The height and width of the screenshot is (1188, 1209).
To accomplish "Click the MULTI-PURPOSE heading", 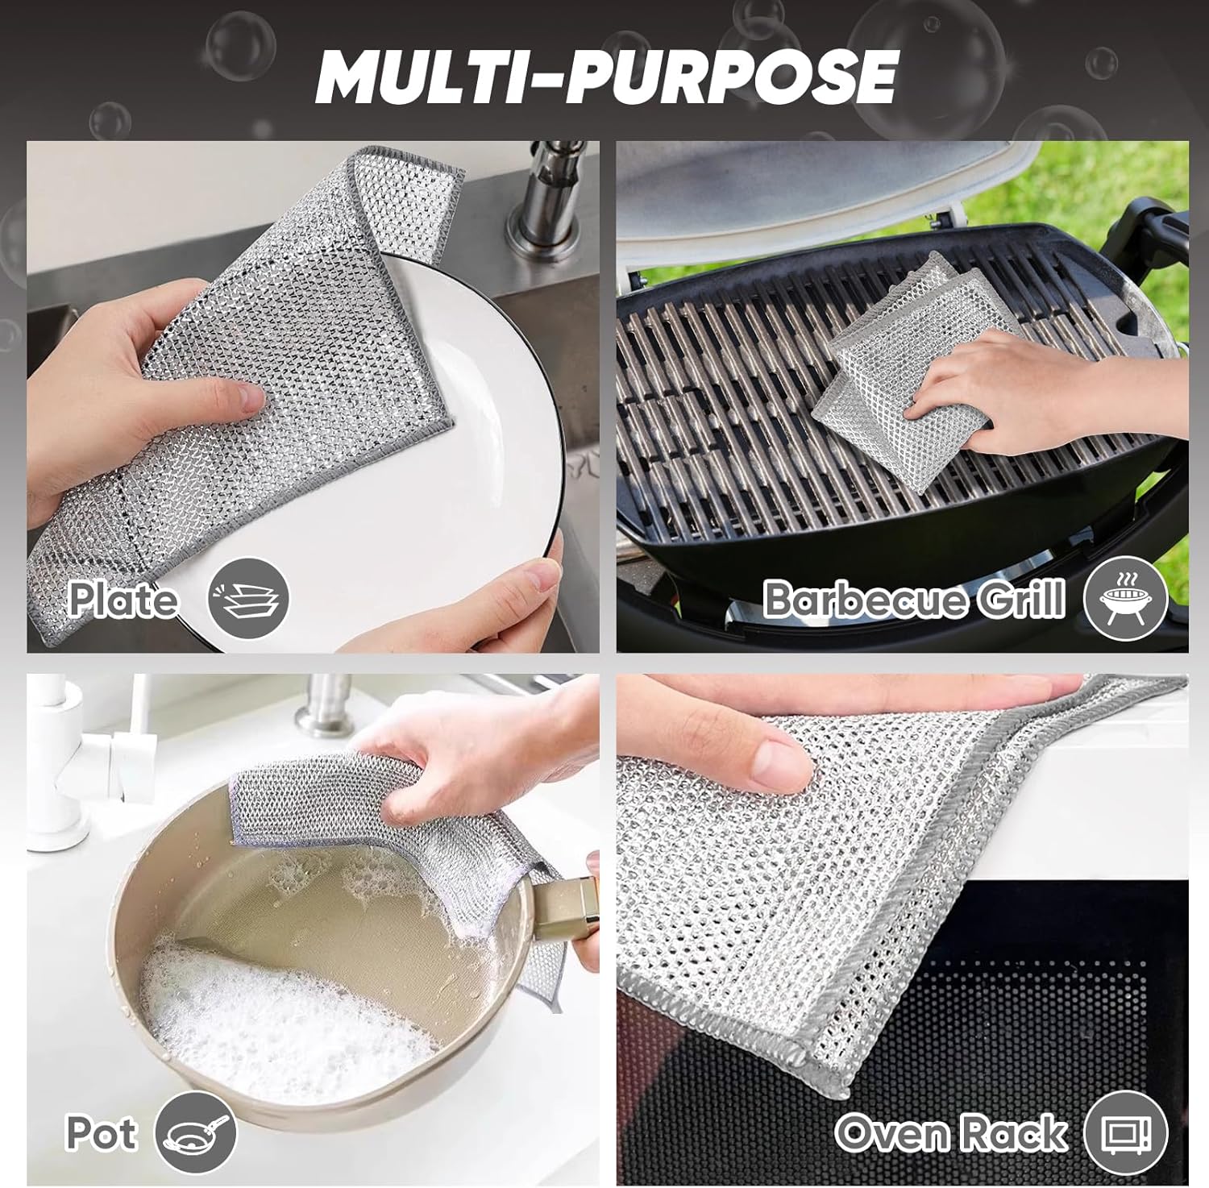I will point(606,76).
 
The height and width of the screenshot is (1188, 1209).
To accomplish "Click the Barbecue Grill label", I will point(913,599).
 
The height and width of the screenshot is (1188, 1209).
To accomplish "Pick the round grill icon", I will point(1125,599).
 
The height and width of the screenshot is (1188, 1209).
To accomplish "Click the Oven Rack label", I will point(951,1132).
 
